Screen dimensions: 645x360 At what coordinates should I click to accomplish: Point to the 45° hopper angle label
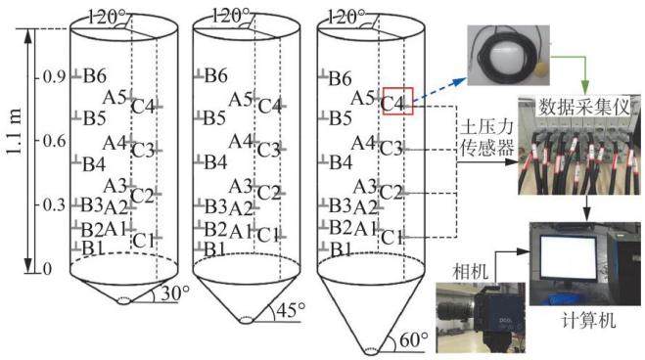click(292, 310)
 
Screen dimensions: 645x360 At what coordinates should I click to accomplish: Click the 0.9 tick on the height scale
click(55, 77)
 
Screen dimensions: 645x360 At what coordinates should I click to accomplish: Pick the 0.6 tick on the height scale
click(55, 141)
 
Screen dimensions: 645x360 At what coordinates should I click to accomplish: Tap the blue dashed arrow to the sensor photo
click(439, 89)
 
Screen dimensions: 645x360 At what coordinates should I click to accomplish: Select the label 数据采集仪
click(583, 107)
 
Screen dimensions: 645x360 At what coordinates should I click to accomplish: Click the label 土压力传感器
click(487, 137)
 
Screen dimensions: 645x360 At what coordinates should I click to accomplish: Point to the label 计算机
click(588, 320)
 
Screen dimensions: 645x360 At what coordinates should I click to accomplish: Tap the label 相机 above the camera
click(470, 272)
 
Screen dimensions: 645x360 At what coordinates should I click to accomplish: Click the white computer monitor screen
click(568, 256)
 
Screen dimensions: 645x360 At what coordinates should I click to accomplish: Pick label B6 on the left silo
click(95, 76)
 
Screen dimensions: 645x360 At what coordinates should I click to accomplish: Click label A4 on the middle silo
click(241, 142)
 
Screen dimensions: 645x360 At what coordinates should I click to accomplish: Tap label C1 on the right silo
click(392, 238)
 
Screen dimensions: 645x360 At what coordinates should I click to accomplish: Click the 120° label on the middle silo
click(230, 17)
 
